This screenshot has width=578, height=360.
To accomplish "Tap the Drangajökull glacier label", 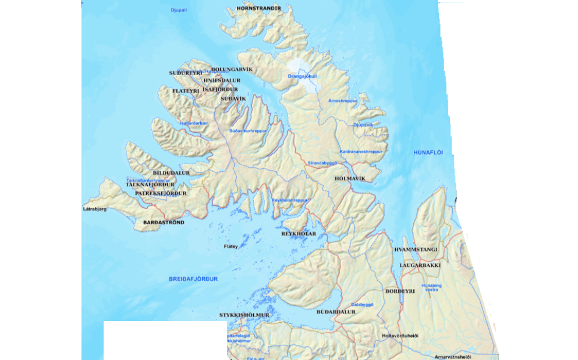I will coord(303,76).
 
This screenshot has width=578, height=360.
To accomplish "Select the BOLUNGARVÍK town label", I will coord(232,69).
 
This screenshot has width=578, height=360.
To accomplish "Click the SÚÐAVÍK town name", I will coord(234,99).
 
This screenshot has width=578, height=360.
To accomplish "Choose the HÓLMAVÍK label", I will coord(350,178).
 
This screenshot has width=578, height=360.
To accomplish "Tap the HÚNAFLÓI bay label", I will coord(428,153).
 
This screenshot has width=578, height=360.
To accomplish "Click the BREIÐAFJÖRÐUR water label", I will coord(193,279).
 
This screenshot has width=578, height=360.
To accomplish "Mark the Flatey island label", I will coord(231,246).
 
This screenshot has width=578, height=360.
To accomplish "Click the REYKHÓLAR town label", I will coord(299,234).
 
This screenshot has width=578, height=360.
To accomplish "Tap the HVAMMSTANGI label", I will coord(416,249).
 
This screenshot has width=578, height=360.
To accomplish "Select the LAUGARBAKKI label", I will coord(420,265).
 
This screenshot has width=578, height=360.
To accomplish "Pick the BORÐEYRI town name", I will coord(400,290).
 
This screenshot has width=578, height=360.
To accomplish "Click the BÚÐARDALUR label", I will coord(336,312).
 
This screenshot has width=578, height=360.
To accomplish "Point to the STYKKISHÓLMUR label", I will coord(244,315).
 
